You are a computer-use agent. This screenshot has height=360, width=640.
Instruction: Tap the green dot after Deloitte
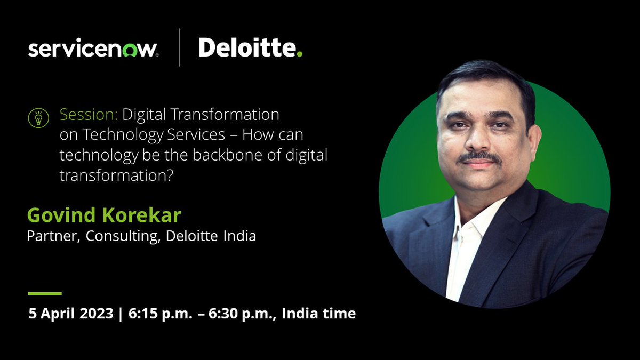coord(300,54)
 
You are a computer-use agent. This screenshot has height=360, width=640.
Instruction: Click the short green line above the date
coord(45,293)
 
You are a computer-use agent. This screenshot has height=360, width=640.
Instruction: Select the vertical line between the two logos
coord(179,48)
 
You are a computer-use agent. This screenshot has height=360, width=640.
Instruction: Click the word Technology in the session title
coord(111,135)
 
